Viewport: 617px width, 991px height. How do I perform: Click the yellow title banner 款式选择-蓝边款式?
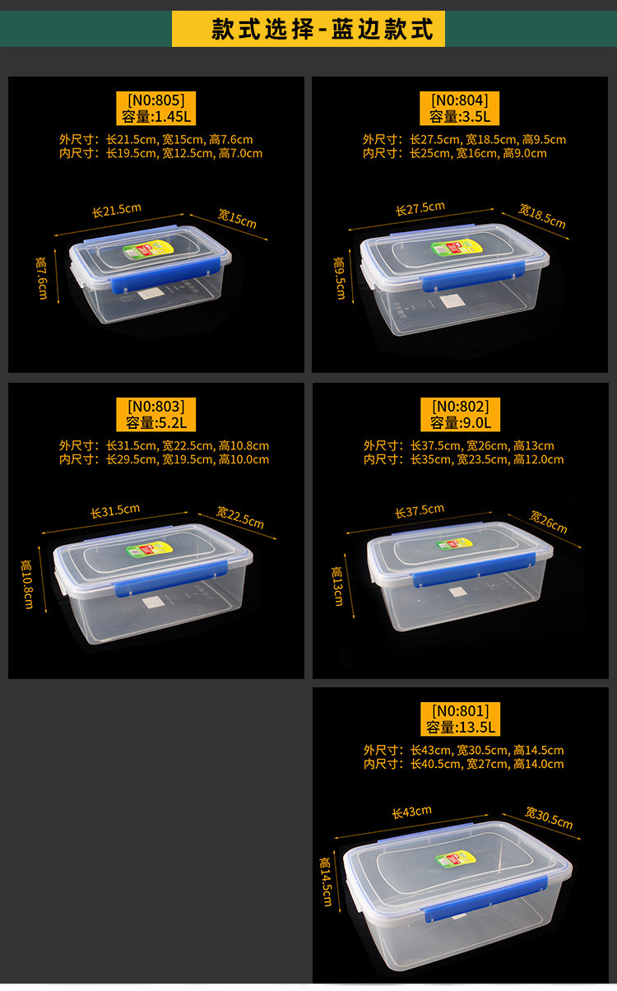(308, 29)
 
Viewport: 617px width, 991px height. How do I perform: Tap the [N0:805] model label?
(156, 100)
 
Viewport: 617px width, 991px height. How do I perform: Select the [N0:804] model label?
(460, 100)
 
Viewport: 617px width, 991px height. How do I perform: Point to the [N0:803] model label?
(156, 407)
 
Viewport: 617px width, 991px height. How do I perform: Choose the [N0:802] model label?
(460, 407)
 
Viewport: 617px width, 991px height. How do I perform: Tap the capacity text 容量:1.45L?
(156, 117)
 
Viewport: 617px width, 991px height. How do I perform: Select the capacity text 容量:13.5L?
(460, 728)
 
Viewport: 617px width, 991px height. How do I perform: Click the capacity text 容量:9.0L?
(460, 423)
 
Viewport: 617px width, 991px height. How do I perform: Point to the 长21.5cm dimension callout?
(117, 210)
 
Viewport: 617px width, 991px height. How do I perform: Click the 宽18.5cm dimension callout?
(542, 216)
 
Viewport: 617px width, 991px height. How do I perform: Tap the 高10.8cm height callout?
(27, 584)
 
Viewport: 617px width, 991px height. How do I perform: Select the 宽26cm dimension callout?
(549, 522)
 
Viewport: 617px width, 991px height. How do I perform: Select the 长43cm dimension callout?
(411, 812)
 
